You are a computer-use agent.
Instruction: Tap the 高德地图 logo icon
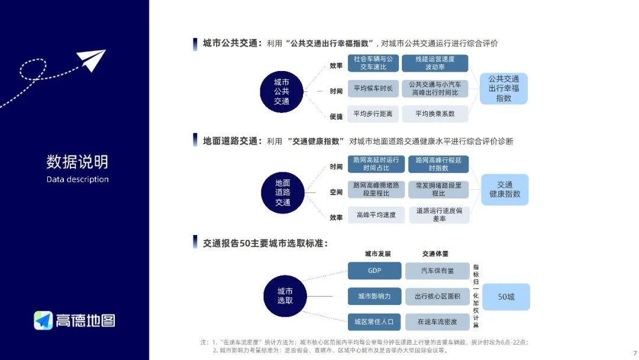point(43,320)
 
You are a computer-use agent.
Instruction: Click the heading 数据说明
point(78,161)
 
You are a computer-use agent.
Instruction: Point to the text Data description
point(78,179)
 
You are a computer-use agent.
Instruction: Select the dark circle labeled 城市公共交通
point(282,92)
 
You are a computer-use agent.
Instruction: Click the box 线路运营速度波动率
point(435,63)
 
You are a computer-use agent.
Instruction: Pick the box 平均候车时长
point(373,89)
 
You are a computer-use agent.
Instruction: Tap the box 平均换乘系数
point(435,114)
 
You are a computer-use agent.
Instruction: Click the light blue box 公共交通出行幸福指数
point(504,89)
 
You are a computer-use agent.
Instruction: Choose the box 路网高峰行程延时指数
point(438,164)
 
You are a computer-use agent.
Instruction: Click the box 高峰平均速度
point(376,215)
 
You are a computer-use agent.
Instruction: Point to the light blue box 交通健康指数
point(505,189)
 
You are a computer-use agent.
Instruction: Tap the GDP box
point(374,271)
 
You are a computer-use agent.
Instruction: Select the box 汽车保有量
point(437,271)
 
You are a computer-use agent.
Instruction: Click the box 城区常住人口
point(374,322)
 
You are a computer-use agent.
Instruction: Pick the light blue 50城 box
point(506,297)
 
